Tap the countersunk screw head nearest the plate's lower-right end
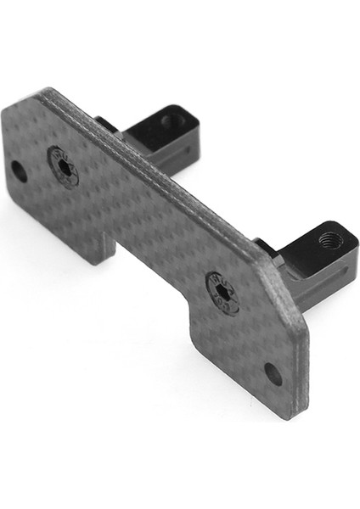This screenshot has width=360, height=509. [222, 291]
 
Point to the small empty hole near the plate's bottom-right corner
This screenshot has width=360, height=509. [273, 373]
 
